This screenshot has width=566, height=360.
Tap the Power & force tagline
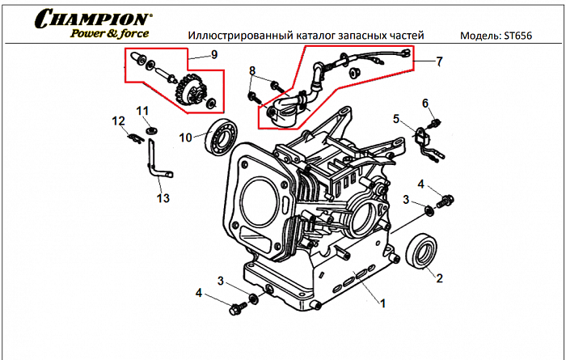(x=108, y=33)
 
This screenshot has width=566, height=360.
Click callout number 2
(x=440, y=279)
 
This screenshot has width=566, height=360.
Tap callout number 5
(x=397, y=119)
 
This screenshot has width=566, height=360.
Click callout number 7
(x=440, y=61)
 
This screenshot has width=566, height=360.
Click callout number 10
(x=186, y=138)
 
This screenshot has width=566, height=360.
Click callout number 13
(x=163, y=198)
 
